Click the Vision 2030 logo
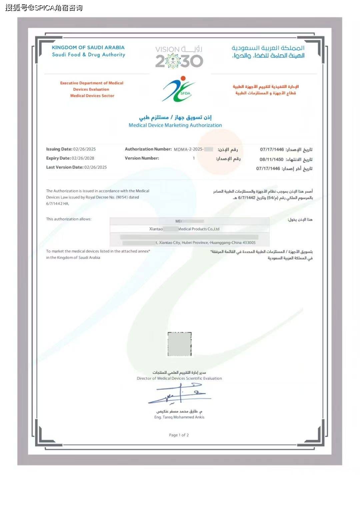click(x=179, y=57)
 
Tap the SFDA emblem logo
click(x=179, y=89)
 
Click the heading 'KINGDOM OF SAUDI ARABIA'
click(x=88, y=48)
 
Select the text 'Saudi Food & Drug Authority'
click(x=88, y=55)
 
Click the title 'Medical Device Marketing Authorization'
click(x=175, y=125)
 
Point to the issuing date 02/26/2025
click(x=84, y=149)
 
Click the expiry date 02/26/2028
click(x=83, y=158)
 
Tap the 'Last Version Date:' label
click(x=65, y=167)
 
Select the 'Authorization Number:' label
click(x=148, y=149)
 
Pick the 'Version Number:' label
click(x=142, y=158)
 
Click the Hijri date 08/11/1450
click(x=271, y=159)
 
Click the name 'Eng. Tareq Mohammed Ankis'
click(x=179, y=417)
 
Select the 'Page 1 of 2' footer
click(x=179, y=435)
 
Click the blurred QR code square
click(x=179, y=344)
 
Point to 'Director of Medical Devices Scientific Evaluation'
click(x=179, y=378)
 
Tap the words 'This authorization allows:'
click(x=69, y=219)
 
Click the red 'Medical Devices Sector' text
click(x=92, y=96)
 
